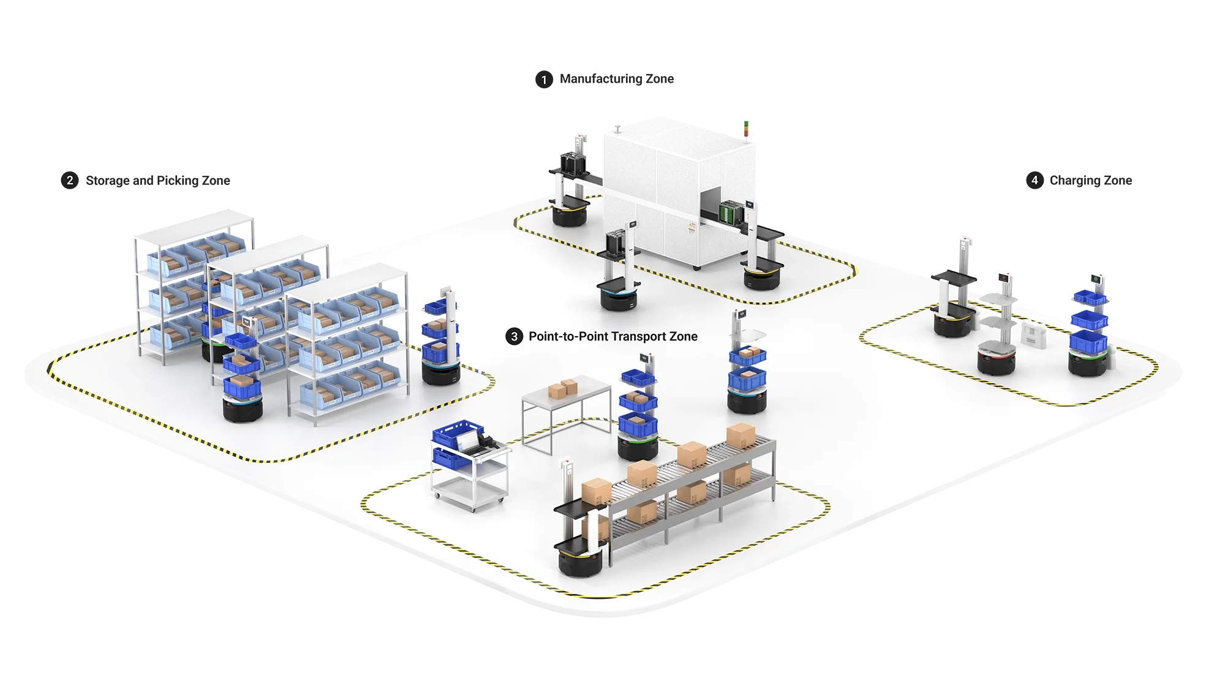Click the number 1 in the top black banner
[544, 80]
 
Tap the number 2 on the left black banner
[70, 180]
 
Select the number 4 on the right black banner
[1035, 180]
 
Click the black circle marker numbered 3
[514, 336]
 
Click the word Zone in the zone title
[684, 336]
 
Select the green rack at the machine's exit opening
[730, 211]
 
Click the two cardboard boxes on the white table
[562, 388]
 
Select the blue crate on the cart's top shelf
[458, 431]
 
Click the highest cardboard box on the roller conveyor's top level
[740, 435]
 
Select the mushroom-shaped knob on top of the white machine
[618, 127]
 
